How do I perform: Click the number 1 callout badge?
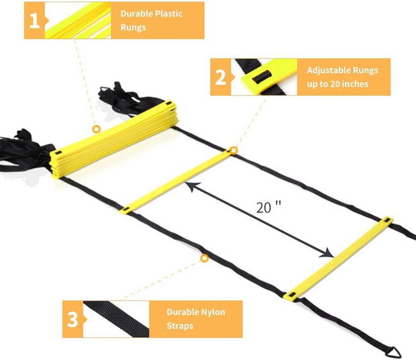pyautogui.click(x=34, y=21)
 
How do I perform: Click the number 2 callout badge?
pyautogui.click(x=220, y=77)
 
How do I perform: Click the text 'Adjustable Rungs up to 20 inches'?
pyautogui.click(x=342, y=77)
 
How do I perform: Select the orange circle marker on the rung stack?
pyautogui.click(x=96, y=128)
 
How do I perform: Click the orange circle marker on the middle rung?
pyautogui.click(x=233, y=150)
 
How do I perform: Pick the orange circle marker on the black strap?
pyautogui.click(x=204, y=258)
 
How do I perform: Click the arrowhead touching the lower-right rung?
pyautogui.click(x=328, y=253)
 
